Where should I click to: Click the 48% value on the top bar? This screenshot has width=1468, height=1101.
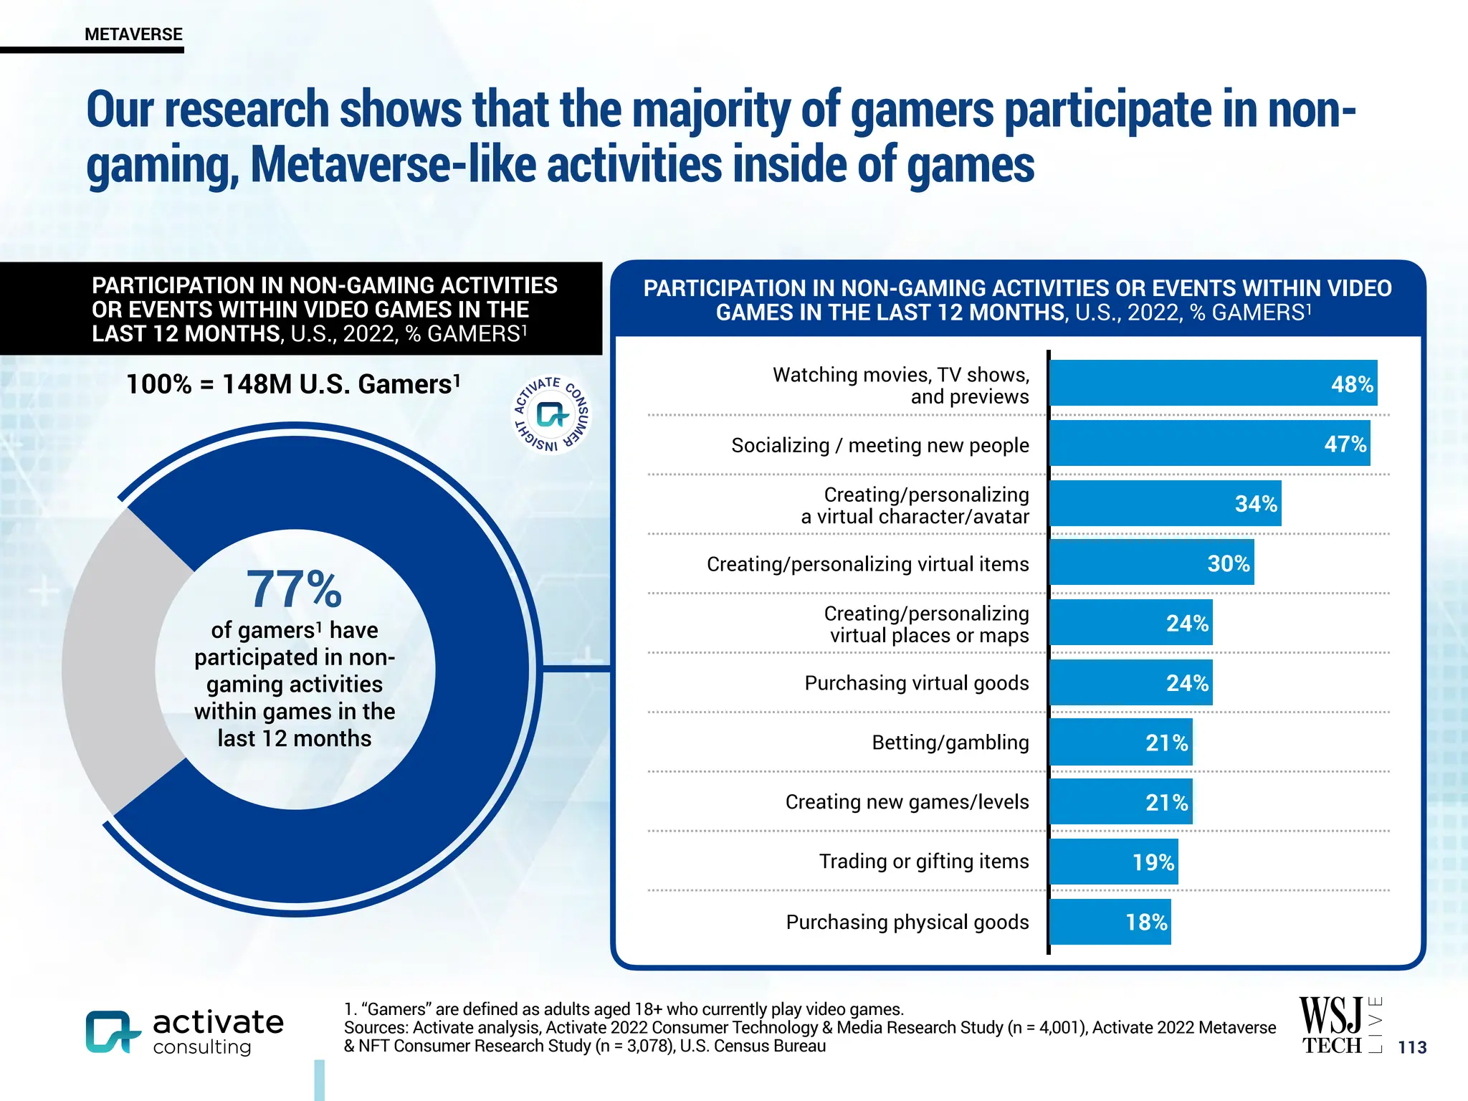pyautogui.click(x=1352, y=384)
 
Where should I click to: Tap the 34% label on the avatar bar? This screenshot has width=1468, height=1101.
pyautogui.click(x=1256, y=504)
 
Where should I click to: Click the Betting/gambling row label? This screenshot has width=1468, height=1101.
pyautogui.click(x=950, y=743)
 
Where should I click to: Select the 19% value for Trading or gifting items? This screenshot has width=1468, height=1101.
pyautogui.click(x=1153, y=862)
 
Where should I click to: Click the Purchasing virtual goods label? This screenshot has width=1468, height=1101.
pyautogui.click(x=916, y=683)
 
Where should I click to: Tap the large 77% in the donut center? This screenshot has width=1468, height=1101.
pyautogui.click(x=294, y=589)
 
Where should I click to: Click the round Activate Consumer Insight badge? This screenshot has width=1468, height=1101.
pyautogui.click(x=551, y=415)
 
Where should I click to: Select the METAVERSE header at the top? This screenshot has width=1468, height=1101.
pyautogui.click(x=133, y=34)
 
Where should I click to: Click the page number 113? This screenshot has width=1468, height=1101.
pyautogui.click(x=1412, y=1047)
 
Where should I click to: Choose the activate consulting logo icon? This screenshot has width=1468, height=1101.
pyautogui.click(x=111, y=1032)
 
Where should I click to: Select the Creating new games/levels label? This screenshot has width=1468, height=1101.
pyautogui.click(x=907, y=802)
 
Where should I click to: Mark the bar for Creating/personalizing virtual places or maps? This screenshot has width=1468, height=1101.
pyautogui.click(x=1130, y=623)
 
